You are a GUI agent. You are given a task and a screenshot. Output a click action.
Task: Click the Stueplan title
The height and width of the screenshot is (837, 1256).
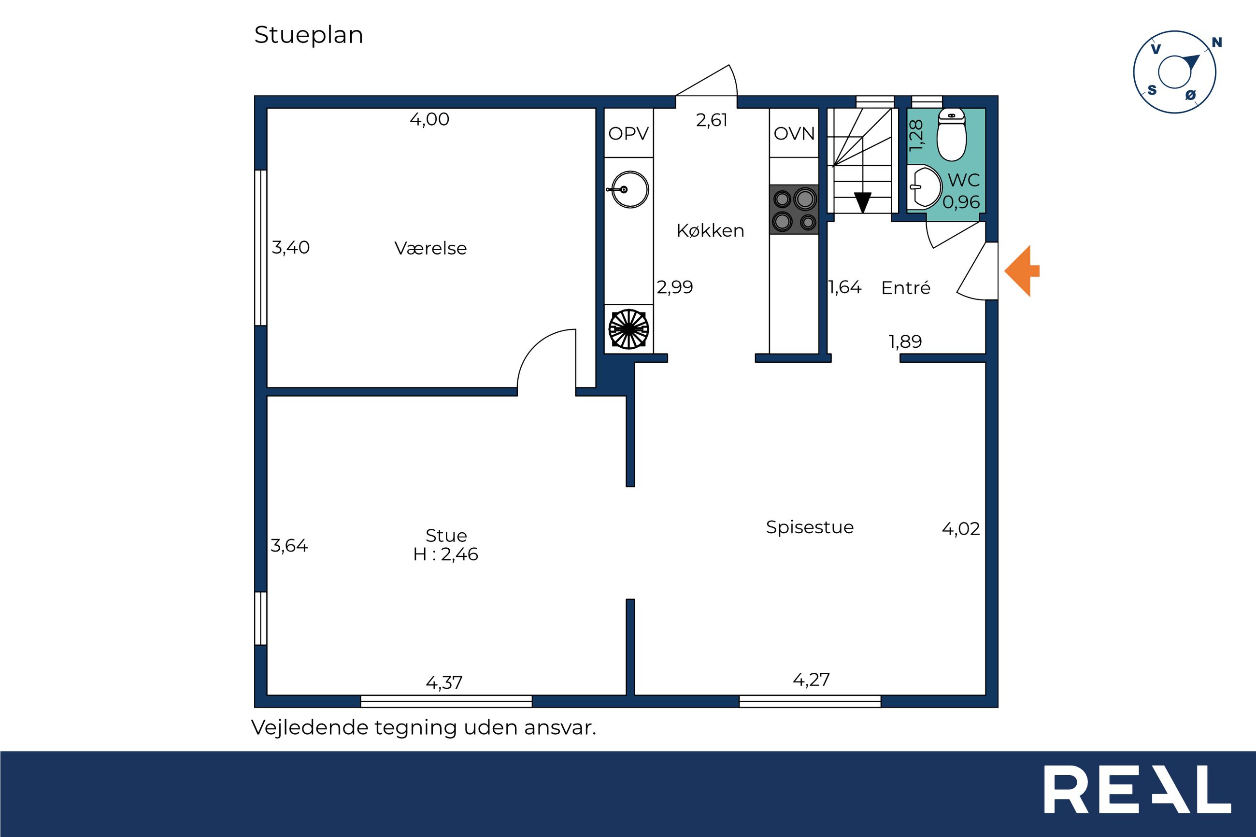pyautogui.click(x=309, y=36)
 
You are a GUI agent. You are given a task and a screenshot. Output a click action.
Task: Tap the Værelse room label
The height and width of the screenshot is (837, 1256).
pyautogui.click(x=430, y=248)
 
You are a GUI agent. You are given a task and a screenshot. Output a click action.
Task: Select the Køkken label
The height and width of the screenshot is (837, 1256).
pyautogui.click(x=710, y=230)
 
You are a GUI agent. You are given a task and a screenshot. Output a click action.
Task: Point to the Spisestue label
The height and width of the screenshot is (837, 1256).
pyautogui.click(x=810, y=527)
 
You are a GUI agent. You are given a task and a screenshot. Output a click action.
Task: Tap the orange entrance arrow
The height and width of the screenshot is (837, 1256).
pyautogui.click(x=1022, y=270)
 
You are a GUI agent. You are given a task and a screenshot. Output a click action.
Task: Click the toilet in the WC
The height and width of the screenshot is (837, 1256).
pyautogui.click(x=951, y=135)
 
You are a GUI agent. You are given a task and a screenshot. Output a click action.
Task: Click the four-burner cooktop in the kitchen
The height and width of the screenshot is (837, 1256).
pyautogui.click(x=794, y=209)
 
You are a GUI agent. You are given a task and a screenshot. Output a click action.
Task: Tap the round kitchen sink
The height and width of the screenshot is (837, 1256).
pyautogui.click(x=629, y=189)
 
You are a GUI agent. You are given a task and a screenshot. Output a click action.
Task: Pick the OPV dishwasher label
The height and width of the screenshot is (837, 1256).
pyautogui.click(x=628, y=133)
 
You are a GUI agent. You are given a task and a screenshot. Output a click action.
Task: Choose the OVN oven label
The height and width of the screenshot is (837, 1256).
pyautogui.click(x=794, y=133)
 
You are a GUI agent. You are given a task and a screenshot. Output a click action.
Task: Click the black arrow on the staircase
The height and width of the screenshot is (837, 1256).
pyautogui.click(x=863, y=202)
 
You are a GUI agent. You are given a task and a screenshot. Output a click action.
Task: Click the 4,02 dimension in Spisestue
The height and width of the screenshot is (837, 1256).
pyautogui.click(x=961, y=529)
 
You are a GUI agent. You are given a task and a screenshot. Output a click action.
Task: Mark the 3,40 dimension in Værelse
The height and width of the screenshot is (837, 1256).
pyautogui.click(x=290, y=247)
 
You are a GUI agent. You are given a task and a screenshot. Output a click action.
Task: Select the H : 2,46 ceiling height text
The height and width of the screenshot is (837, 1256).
pyautogui.click(x=446, y=554)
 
